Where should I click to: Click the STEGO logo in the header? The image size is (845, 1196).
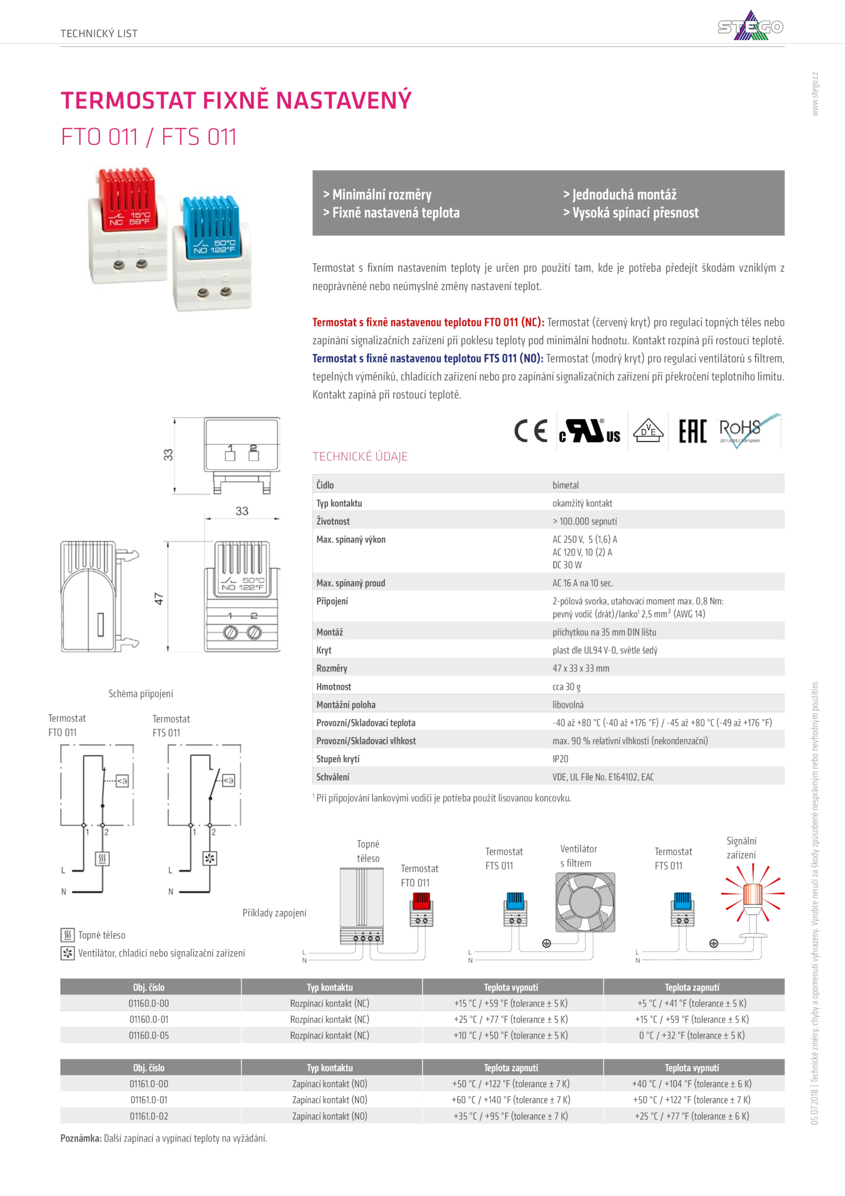pos(750,26)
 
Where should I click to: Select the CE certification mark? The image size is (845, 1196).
pos(531,431)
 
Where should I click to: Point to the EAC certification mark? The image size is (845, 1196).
pos(692,431)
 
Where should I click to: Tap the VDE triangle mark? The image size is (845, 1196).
pos(649,431)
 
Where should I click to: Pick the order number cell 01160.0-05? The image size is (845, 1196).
pos(149,1035)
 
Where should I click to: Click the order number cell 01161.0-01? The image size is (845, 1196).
pos(149,1100)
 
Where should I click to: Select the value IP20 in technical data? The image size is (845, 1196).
pos(560,759)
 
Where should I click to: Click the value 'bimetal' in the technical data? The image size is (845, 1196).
pos(566,485)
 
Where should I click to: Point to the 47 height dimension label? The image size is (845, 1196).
pos(159,598)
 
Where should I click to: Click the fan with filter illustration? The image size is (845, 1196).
pos(585,902)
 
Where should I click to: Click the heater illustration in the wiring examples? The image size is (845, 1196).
pos(362,905)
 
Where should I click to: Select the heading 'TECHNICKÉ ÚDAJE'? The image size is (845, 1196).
pos(360,457)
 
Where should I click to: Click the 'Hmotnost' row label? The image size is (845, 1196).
pos(334,687)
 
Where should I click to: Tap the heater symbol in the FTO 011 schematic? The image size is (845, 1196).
pos(102,859)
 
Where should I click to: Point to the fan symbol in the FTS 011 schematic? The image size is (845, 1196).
pos(210,859)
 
